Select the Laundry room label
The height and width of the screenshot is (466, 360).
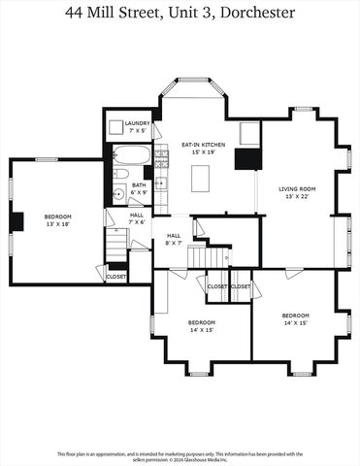click(x=136, y=123)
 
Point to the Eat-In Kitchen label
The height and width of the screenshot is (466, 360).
click(x=198, y=145)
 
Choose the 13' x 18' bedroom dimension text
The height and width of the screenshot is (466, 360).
click(x=57, y=224)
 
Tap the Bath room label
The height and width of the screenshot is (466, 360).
click(x=139, y=183)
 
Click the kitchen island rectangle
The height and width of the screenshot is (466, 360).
click(x=201, y=179)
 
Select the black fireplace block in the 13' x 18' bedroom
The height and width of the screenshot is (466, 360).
click(x=16, y=220)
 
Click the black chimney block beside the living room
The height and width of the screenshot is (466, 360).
click(x=250, y=159)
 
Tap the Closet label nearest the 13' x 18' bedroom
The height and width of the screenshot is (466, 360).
click(x=116, y=277)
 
